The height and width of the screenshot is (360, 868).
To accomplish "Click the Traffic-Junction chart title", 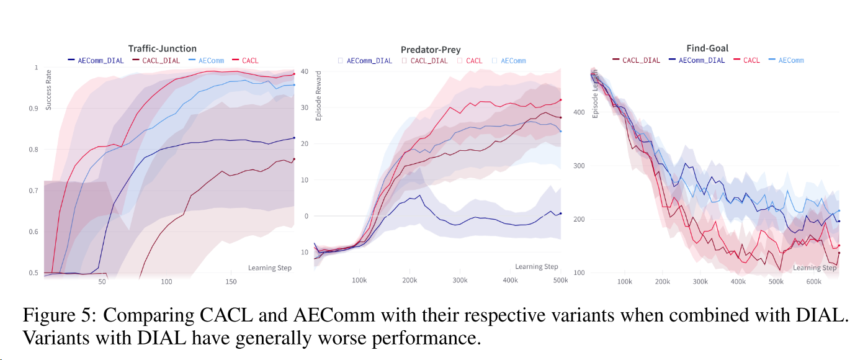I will (x=162, y=48).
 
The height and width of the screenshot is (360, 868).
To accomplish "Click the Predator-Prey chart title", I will (x=430, y=49).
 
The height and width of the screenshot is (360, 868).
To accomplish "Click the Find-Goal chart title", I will (x=707, y=48).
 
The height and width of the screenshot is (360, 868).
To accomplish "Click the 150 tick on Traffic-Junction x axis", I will (x=230, y=282).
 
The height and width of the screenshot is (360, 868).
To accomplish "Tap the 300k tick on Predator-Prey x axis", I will (x=460, y=281).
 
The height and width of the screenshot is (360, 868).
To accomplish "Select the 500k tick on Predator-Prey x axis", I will (x=560, y=281).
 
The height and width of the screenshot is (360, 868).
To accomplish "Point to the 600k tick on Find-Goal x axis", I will (x=813, y=282).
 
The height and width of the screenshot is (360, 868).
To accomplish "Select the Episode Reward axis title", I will (x=319, y=97).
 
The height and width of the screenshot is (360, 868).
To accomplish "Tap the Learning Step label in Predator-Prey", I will (x=537, y=267).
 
